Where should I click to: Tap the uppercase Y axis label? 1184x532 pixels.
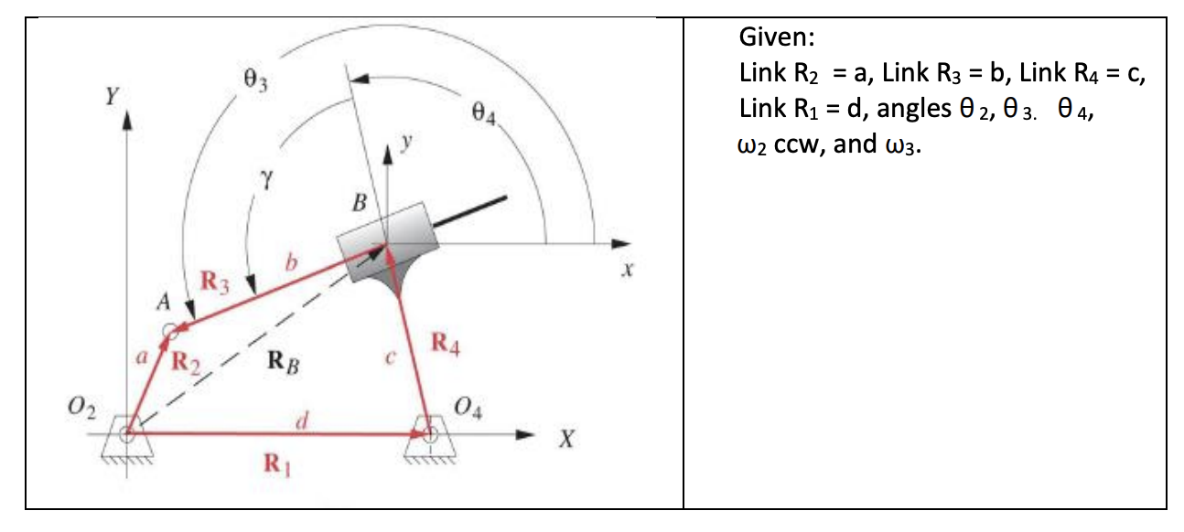112,95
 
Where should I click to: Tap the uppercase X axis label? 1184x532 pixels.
567,442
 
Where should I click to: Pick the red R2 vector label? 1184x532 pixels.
188,365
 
